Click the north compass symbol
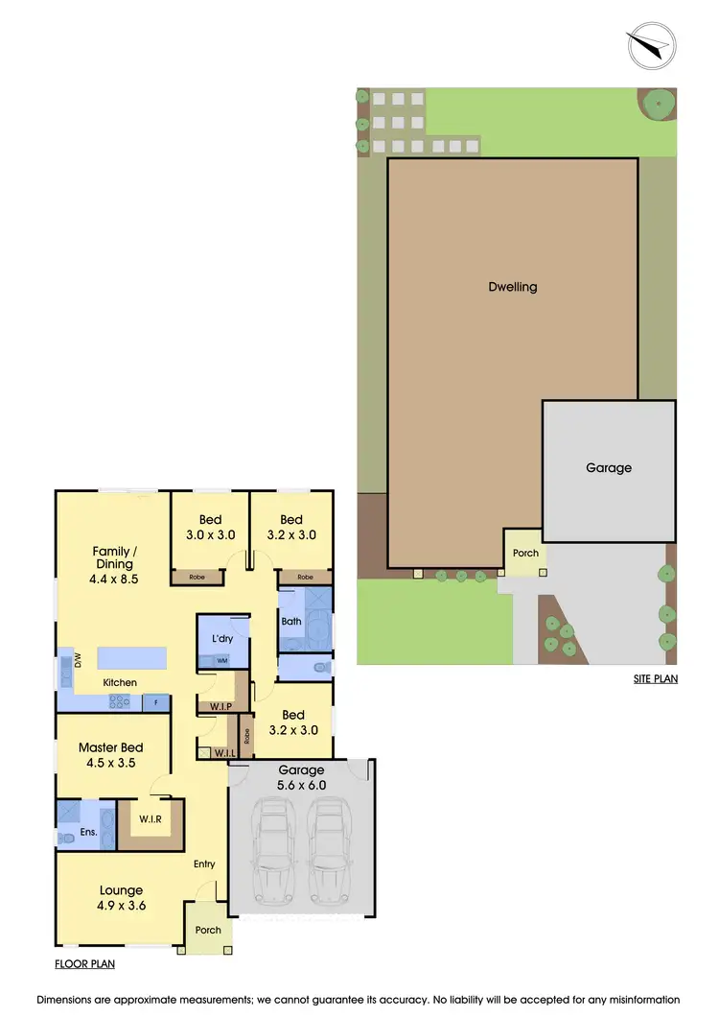point(651,44)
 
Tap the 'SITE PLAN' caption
point(655,678)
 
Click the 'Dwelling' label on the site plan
point(513,286)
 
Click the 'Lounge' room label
point(121,890)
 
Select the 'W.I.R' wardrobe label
point(150,818)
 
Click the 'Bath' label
point(291,621)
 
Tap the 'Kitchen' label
point(121,682)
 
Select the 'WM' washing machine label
point(222,661)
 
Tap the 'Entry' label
point(204,863)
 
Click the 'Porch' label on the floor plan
point(208,930)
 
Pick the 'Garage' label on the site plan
point(609,467)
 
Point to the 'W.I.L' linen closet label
point(226,752)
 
